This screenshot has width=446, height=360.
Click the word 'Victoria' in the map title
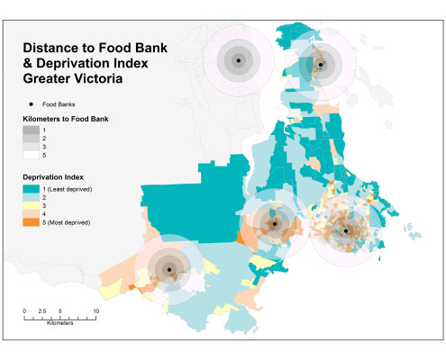[x=98, y=78]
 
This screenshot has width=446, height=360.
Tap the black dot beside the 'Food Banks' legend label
[x=31, y=104]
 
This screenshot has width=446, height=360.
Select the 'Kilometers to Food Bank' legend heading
[x=66, y=119]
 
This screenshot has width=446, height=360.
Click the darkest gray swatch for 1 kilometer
[x=32, y=130]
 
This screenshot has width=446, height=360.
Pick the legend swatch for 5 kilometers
[x=32, y=155]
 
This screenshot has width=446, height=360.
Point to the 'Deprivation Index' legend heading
[x=53, y=177]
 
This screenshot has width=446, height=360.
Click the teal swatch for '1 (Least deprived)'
[x=32, y=189]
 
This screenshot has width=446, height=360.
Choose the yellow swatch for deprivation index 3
[x=32, y=206]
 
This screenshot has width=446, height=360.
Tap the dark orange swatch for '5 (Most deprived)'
[x=32, y=222]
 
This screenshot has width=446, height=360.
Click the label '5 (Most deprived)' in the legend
[x=67, y=222]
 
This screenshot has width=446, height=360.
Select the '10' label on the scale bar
[x=96, y=311]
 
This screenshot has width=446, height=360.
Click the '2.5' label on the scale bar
[x=42, y=311]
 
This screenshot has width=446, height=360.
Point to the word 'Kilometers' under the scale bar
[x=59, y=323]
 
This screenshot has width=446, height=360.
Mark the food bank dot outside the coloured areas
[x=239, y=60]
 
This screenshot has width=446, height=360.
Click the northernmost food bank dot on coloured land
[x=321, y=65]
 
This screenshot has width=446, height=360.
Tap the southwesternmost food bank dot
[x=169, y=270]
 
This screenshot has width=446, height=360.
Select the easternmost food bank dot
[x=346, y=231]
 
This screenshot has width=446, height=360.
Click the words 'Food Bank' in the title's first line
[x=133, y=48]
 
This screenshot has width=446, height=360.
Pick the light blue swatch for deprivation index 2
[x=32, y=197]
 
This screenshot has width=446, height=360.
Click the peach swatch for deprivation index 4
[x=32, y=214]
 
